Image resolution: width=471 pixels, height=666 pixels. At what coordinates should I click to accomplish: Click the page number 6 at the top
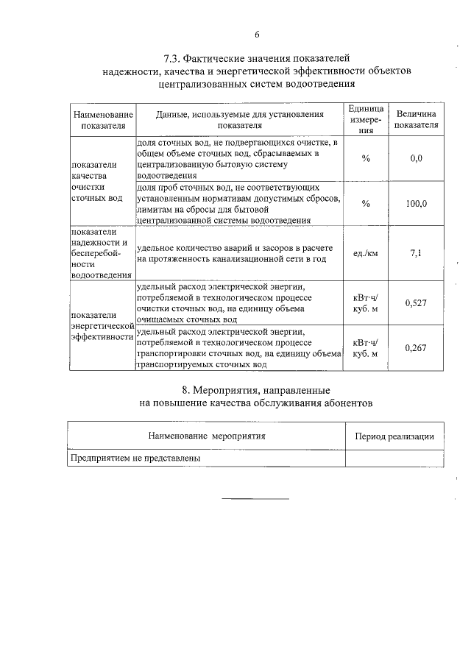[x=257, y=35]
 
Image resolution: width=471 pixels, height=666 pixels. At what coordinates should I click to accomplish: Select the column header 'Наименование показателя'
[x=102, y=120]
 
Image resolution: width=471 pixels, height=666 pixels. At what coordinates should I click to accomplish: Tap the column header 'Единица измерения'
[x=366, y=119]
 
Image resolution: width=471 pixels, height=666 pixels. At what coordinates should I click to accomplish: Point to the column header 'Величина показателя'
[x=416, y=120]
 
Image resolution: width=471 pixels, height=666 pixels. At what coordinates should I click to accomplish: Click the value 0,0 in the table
[x=416, y=158]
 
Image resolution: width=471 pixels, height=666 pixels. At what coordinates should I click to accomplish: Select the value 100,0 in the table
[x=416, y=204]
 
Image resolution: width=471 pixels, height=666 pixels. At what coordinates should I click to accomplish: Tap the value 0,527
[x=416, y=302]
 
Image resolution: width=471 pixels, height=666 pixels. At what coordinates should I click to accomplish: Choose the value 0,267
[x=416, y=348]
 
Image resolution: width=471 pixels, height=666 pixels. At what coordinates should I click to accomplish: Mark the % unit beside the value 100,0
[x=366, y=204]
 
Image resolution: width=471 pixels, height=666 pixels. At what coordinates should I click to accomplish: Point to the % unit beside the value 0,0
[x=366, y=158]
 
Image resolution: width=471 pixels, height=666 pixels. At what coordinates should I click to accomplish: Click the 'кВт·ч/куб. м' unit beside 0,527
[x=366, y=302]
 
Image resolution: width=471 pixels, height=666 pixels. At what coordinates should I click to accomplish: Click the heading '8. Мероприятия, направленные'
[x=256, y=389]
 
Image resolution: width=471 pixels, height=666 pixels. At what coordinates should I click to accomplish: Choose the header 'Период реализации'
[x=394, y=436]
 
